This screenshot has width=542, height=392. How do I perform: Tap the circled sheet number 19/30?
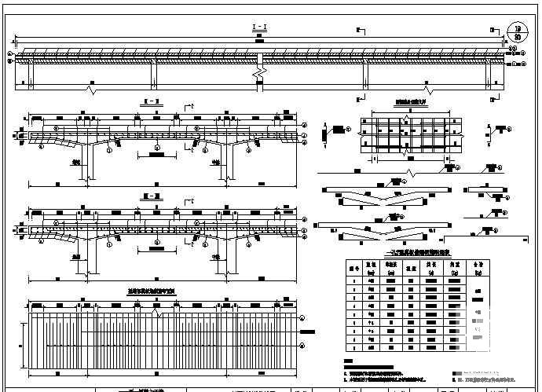[516, 31]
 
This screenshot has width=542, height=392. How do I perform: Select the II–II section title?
[147, 102]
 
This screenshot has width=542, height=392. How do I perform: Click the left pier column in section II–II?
[90, 162]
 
